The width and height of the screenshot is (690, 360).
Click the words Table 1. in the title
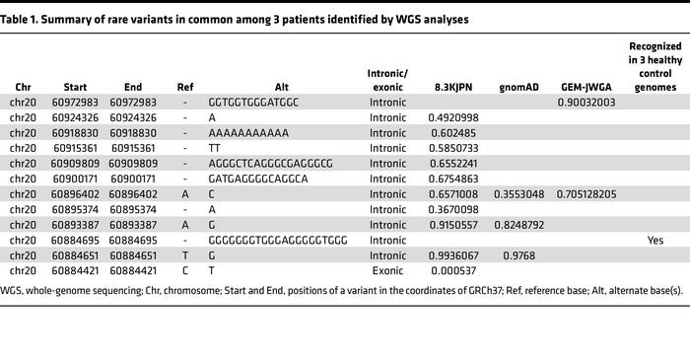[x=26, y=20]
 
